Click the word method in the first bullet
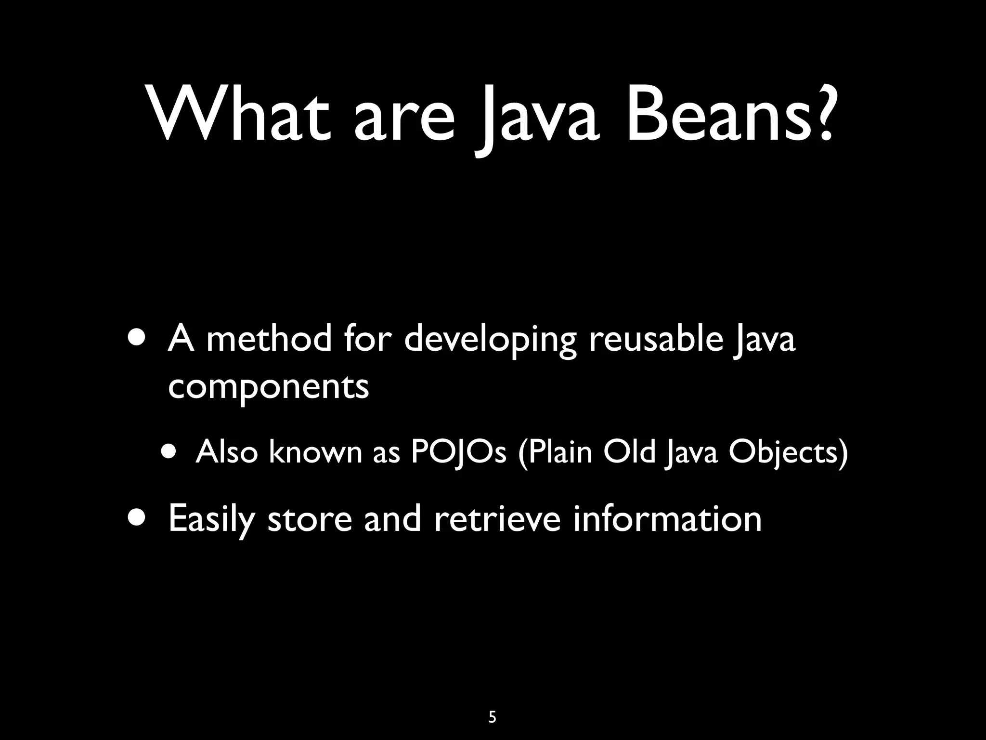point(269,338)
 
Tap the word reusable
point(656,338)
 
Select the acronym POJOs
point(458,453)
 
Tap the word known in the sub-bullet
point(315,453)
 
